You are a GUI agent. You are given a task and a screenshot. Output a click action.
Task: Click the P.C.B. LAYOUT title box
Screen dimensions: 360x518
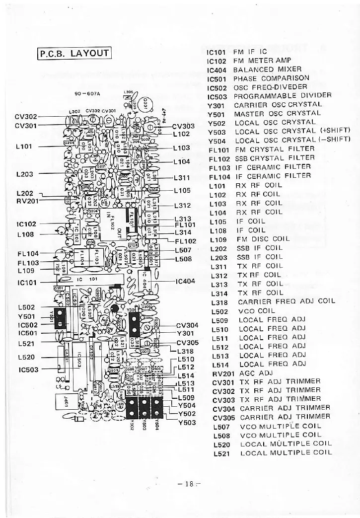pos(75,53)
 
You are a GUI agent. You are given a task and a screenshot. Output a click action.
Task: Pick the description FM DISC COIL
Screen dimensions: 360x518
pos(263,239)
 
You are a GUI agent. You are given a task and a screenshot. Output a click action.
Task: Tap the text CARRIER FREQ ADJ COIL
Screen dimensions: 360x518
pos(287,301)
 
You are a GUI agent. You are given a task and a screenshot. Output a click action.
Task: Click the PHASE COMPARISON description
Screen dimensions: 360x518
pos(271,78)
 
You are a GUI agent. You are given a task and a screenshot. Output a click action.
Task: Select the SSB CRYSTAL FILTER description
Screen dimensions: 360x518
pos(274,158)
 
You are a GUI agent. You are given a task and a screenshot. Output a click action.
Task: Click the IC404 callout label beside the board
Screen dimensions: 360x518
pos(186,281)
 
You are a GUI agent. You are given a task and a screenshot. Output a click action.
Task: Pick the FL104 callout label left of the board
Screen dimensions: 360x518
pos(27,254)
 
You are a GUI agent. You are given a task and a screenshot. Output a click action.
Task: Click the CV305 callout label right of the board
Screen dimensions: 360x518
pos(187,343)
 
